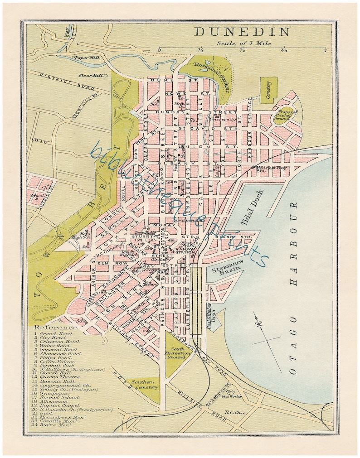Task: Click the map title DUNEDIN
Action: (242, 32)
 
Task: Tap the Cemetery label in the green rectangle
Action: (268, 90)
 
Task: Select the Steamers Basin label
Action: (227, 268)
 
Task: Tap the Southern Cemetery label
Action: (144, 385)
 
